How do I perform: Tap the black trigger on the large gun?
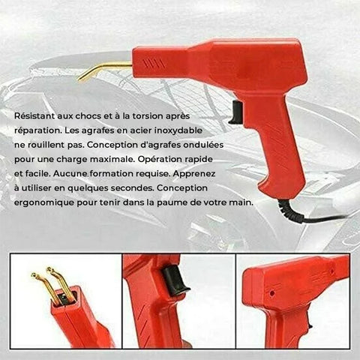pos(236,112)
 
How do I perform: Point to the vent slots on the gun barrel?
pos(154,64)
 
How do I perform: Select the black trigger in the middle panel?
pos(174,280)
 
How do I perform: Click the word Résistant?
pos(34,116)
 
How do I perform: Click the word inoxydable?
pos(178,130)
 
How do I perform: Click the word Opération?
pos(160,159)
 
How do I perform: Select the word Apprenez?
pos(193,174)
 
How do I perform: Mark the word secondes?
pos(132,188)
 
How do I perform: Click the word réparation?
pos(37,130)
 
